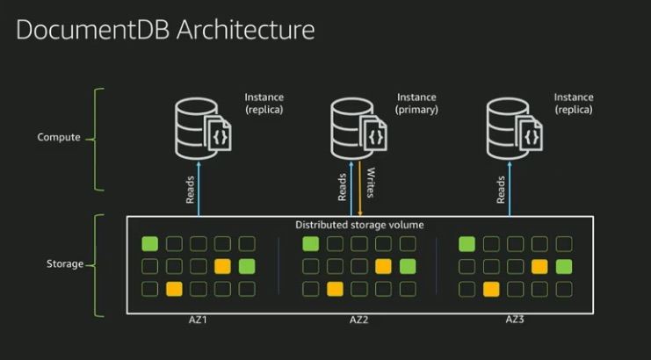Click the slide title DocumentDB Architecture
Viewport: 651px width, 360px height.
tap(165, 30)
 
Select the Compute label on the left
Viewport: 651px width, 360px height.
tap(59, 138)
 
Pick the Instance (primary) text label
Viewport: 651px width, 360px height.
tap(416, 104)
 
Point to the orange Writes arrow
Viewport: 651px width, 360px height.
tap(359, 188)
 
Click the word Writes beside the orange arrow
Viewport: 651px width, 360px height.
tap(371, 182)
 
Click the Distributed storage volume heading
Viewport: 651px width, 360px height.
tap(358, 225)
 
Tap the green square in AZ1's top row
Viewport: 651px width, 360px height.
tap(150, 244)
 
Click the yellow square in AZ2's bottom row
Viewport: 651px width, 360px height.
tap(335, 289)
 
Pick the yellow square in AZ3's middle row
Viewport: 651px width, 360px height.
tap(539, 266)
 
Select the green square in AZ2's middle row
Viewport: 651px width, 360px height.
tap(407, 266)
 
